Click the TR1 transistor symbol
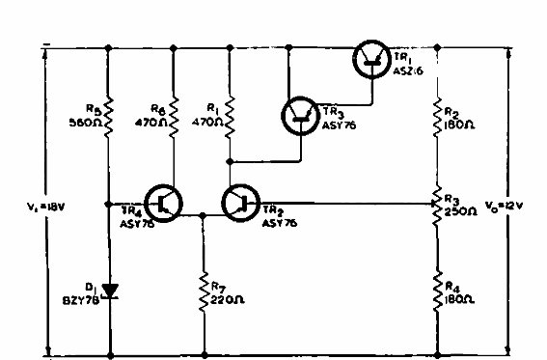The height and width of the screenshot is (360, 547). point(371,59)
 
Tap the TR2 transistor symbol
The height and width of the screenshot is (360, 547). point(240,204)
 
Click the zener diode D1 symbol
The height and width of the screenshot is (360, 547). point(109,290)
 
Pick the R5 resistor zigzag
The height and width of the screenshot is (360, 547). point(109,113)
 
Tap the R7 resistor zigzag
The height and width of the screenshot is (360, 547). point(204,290)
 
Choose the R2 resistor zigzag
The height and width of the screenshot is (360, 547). point(439,113)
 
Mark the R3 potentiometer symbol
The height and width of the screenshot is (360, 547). point(439,204)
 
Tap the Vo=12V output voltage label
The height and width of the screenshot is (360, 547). point(526,204)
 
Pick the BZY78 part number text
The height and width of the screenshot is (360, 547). point(79,298)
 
